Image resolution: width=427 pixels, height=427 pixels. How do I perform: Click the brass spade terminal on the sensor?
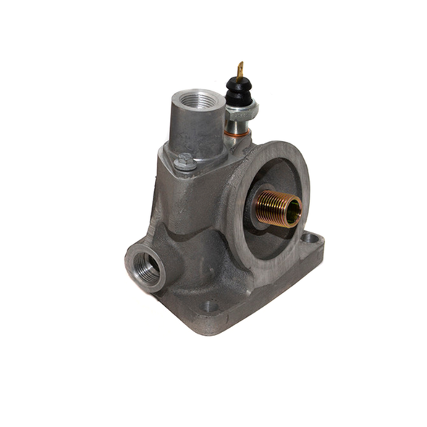click(241, 69)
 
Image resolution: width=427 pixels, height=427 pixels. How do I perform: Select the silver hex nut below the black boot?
click(241, 111)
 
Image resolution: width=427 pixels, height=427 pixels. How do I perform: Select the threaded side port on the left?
click(147, 267)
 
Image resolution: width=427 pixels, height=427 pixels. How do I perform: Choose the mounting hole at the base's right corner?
click(310, 237)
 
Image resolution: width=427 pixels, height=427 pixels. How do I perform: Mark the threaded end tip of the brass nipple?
click(297, 211)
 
